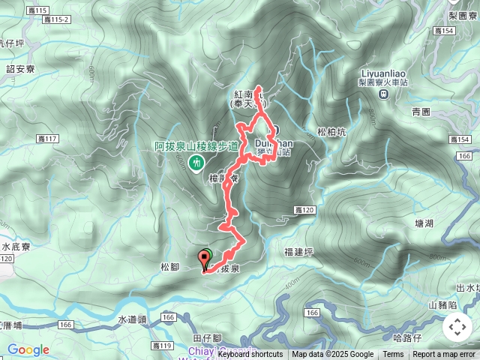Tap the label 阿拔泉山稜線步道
pos(196,146)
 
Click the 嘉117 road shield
pos(47,139)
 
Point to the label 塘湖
pos(424,223)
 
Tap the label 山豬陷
pos(442,304)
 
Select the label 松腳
pos(170,266)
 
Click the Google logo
pos(28,349)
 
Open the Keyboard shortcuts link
pos(250,355)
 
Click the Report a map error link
pos(445,355)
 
